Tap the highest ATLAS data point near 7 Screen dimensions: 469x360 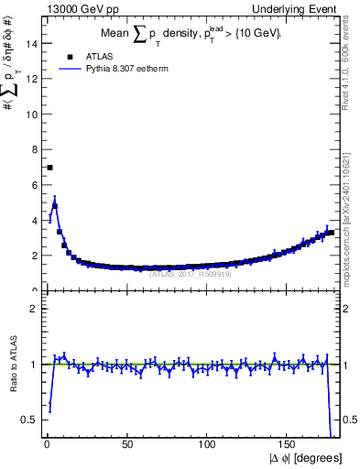coord(49,168)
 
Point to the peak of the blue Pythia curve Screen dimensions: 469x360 coord(55,203)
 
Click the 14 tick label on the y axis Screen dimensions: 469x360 coord(34,43)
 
